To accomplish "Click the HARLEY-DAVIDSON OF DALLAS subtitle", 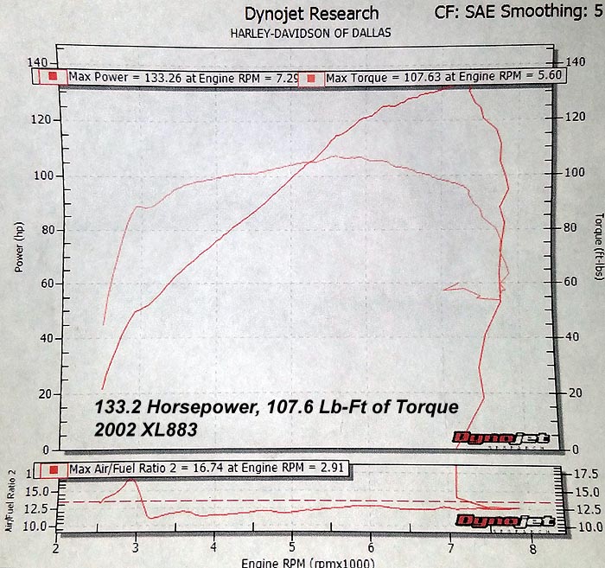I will (310, 33).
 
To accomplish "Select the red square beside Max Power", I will (52, 77).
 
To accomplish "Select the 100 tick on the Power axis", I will (41, 176).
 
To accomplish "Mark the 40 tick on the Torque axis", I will (569, 336).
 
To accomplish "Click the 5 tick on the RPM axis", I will (292, 548).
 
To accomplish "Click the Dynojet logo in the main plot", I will (501, 438).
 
